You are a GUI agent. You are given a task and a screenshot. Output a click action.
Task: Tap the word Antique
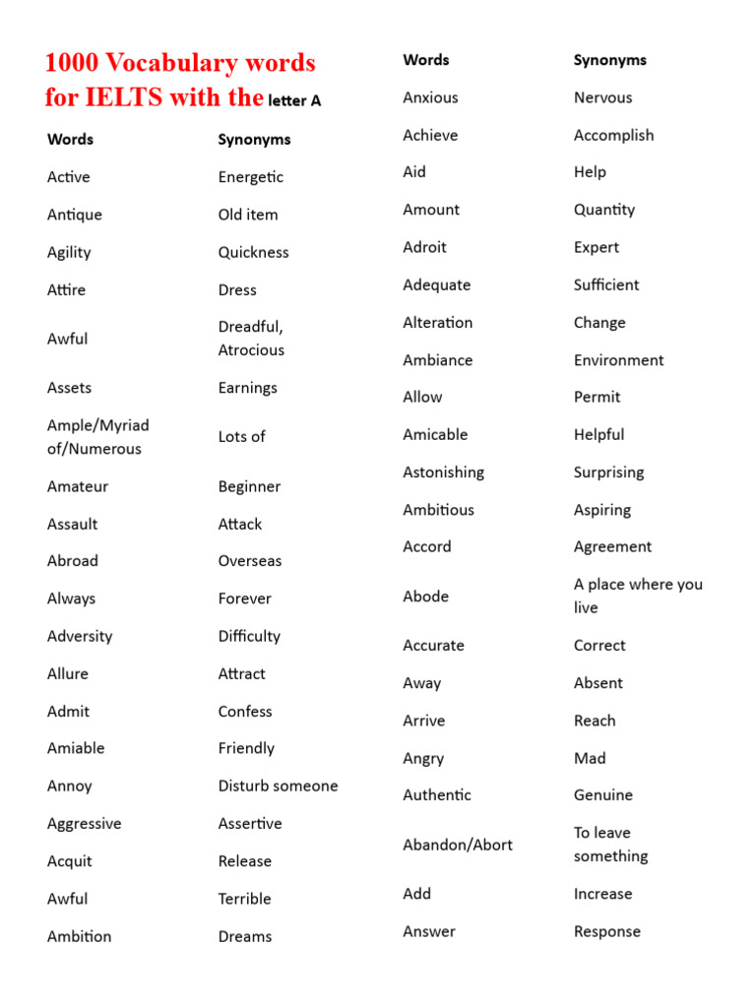pyautogui.click(x=75, y=215)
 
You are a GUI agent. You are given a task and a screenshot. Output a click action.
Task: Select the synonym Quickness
pyautogui.click(x=253, y=252)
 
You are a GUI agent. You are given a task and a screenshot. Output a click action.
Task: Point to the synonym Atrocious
pyautogui.click(x=251, y=350)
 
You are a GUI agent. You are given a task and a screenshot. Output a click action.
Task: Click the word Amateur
pyautogui.click(x=78, y=486)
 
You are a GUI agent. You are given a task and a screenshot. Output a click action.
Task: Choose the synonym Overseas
pyautogui.click(x=250, y=561)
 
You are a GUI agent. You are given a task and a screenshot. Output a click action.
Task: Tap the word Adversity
pyautogui.click(x=80, y=636)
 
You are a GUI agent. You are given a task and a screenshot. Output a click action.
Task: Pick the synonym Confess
pyautogui.click(x=245, y=711)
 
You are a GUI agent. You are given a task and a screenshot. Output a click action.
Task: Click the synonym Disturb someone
pyautogui.click(x=278, y=786)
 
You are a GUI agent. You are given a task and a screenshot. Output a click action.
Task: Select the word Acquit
pyautogui.click(x=69, y=861)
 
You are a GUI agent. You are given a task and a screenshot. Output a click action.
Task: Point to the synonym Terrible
pyautogui.click(x=244, y=899)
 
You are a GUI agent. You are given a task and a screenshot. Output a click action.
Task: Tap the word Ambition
pyautogui.click(x=79, y=936)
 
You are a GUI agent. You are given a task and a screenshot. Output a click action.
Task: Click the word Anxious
pyautogui.click(x=430, y=97)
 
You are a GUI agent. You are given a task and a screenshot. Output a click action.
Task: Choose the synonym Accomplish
pyautogui.click(x=613, y=135)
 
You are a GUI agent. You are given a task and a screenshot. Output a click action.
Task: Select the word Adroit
pyautogui.click(x=424, y=247)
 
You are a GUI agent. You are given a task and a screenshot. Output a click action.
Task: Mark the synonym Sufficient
pyautogui.click(x=606, y=284)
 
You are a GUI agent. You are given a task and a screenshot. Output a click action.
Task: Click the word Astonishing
pyautogui.click(x=443, y=472)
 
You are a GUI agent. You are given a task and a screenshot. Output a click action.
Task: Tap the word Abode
pyautogui.click(x=425, y=597)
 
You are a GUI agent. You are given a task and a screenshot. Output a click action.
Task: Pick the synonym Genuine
pyautogui.click(x=603, y=794)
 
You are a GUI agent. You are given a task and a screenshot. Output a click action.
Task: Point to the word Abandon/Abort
pyautogui.click(x=458, y=845)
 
